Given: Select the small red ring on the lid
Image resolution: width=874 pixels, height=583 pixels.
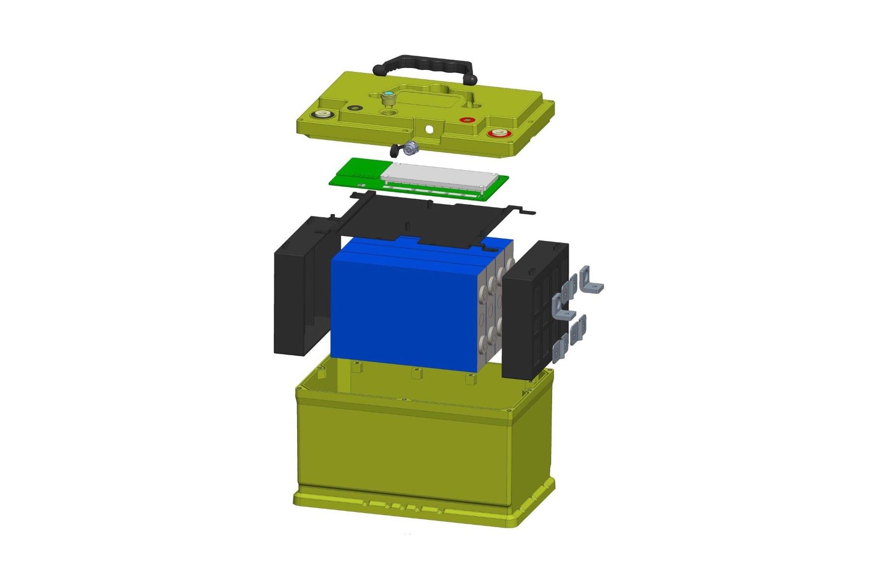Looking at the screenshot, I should pyautogui.click(x=467, y=120).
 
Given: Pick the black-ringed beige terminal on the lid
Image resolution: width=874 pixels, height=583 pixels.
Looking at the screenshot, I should pyautogui.click(x=322, y=115).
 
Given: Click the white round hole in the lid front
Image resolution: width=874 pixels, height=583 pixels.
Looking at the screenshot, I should pyautogui.click(x=429, y=129).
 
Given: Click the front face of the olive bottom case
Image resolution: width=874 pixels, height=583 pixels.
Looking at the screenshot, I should pyautogui.click(x=403, y=447).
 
